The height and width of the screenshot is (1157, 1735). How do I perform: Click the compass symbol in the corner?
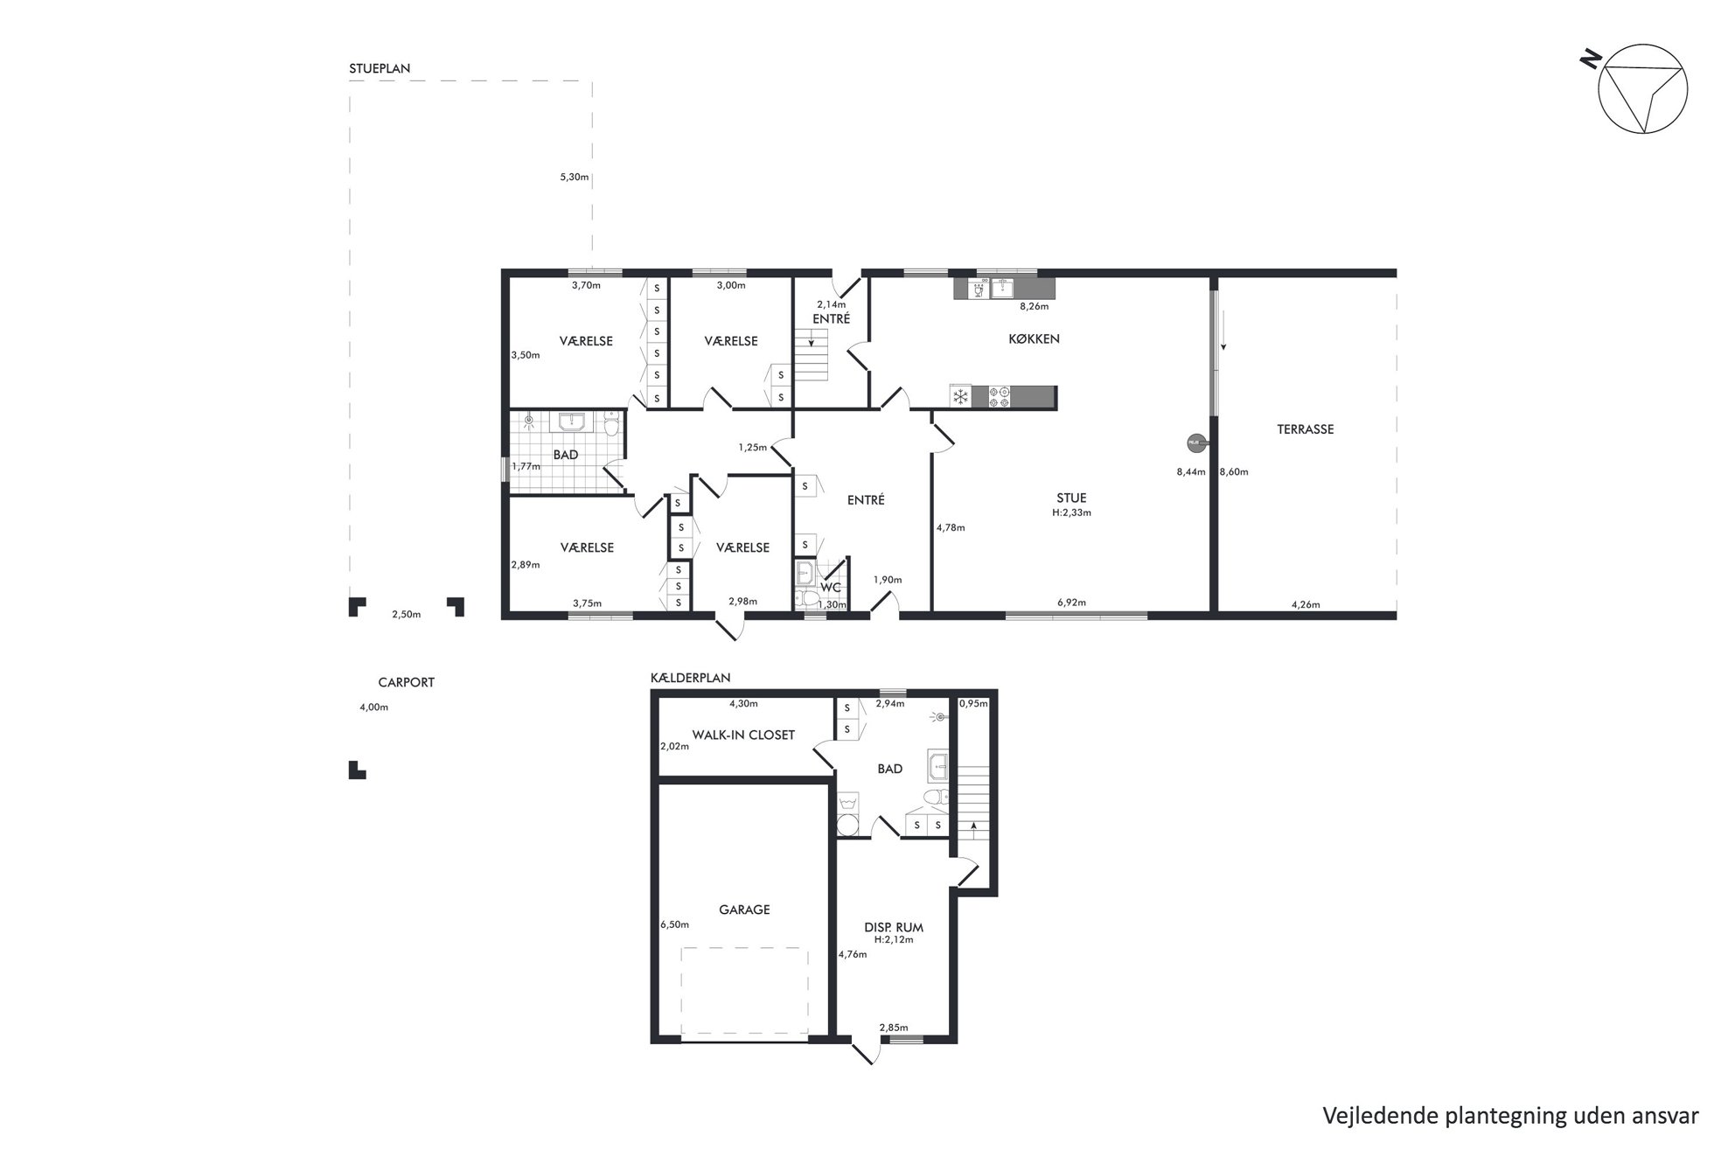click(1641, 88)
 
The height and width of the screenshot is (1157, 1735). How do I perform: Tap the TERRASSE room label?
click(1305, 429)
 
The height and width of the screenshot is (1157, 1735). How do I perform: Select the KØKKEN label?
click(1034, 338)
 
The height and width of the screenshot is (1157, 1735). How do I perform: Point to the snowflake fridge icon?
click(961, 397)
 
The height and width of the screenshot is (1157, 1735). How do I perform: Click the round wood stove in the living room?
click(1195, 443)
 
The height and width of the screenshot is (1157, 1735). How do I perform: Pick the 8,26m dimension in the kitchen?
click(1035, 307)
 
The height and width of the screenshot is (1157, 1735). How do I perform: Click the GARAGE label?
click(744, 910)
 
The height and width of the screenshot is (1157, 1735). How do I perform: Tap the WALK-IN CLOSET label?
click(743, 735)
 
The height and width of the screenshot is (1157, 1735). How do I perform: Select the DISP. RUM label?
click(893, 927)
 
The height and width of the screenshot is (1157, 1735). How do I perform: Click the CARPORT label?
click(406, 682)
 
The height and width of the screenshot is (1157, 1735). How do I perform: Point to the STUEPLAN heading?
click(380, 68)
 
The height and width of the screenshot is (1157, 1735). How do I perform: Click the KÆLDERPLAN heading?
click(691, 678)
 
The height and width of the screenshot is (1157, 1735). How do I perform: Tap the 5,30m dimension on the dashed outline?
click(574, 178)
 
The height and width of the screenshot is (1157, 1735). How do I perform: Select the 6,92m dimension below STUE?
click(1071, 603)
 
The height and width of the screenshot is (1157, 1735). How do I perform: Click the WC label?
click(830, 587)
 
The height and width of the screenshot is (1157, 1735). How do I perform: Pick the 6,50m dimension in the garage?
click(674, 924)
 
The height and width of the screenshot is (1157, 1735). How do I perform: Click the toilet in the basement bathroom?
click(936, 798)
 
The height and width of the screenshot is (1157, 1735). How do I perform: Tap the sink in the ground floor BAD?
click(572, 422)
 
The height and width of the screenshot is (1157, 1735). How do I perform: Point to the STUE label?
click(1071, 498)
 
